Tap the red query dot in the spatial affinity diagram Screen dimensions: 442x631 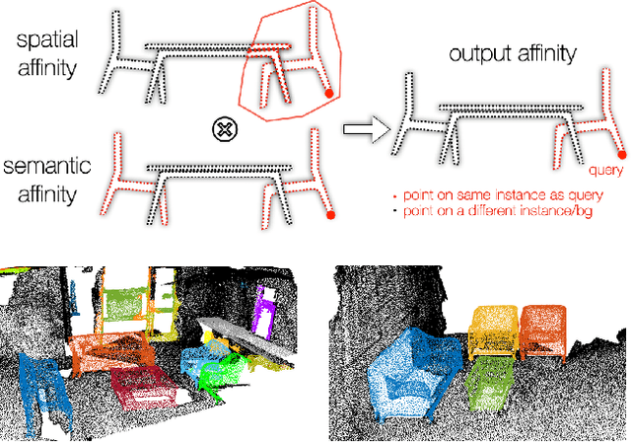click(x=328, y=95)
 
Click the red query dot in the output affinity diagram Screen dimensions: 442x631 click(x=620, y=154)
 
